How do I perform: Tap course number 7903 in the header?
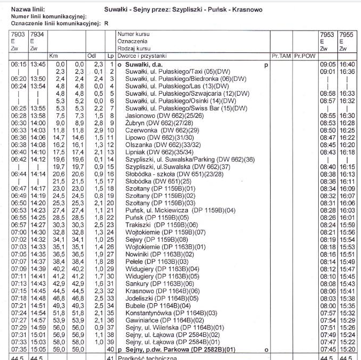click(18, 34)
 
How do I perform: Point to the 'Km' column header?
click(53, 56)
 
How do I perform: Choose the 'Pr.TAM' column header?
click(281, 56)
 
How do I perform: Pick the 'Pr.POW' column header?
click(303, 56)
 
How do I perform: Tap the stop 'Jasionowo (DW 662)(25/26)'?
click(164, 116)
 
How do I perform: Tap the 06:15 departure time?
click(18, 64)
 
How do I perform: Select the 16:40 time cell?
click(347, 64)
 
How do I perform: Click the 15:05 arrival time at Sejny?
click(38, 349)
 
